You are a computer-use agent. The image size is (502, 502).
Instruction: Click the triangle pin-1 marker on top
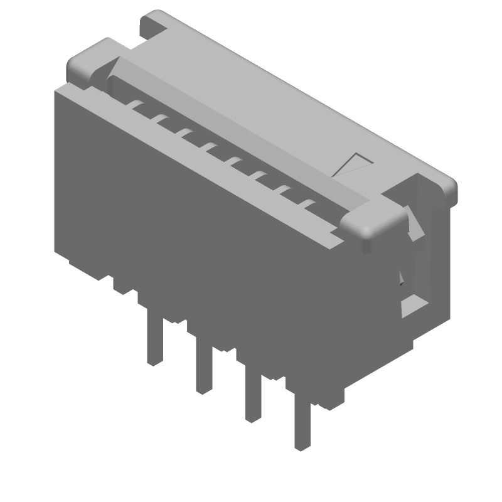click(355, 165)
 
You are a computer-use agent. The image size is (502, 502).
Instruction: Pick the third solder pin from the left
click(253, 395)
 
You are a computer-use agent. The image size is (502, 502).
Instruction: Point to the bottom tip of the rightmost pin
click(302, 447)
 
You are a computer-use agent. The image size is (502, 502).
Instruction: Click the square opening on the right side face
click(414, 305)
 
